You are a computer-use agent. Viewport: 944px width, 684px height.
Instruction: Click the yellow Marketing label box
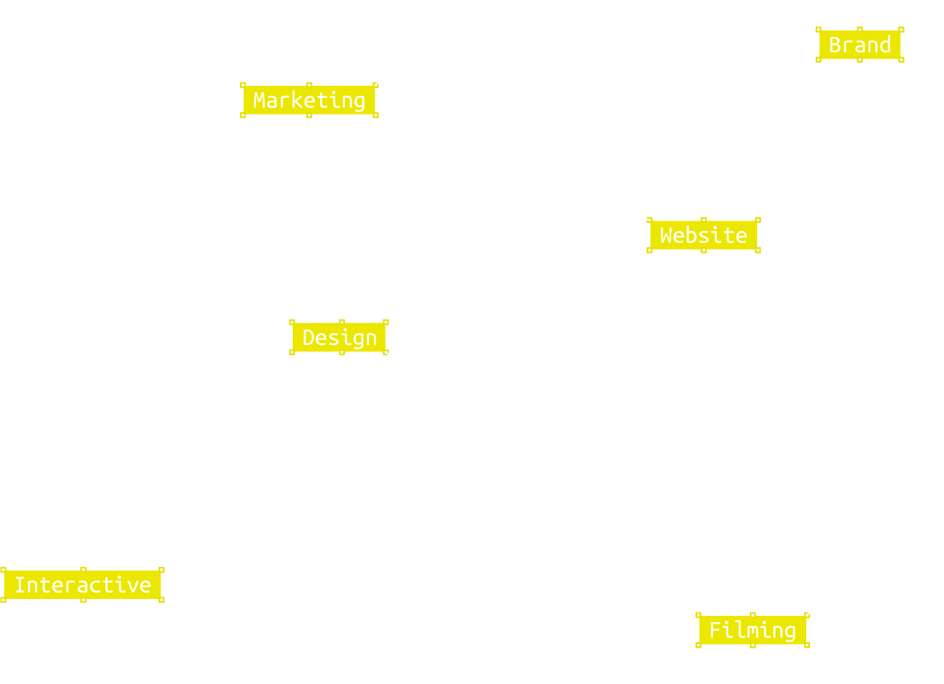(309, 100)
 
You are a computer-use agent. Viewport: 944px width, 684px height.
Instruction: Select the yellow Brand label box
(859, 45)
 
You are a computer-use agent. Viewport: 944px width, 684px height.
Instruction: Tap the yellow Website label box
(703, 235)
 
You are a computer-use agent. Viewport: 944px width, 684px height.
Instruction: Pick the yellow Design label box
(339, 338)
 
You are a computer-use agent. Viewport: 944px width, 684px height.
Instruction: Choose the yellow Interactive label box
(83, 585)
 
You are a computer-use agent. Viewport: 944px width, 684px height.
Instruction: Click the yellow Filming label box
(752, 630)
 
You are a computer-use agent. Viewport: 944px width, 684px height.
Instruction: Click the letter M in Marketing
(261, 100)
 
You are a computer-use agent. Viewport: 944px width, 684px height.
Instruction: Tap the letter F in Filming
(715, 630)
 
